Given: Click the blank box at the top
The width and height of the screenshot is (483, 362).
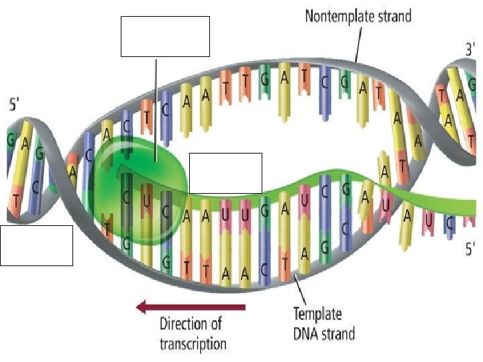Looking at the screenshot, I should pos(165,37).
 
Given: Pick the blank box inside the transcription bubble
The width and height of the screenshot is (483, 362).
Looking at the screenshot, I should pos(225,173).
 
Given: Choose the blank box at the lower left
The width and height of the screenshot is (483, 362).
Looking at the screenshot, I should pos(36,245).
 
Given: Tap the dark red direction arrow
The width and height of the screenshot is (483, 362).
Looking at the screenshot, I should pos(191,307).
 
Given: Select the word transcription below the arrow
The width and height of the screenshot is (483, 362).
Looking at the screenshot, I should pos(193,345).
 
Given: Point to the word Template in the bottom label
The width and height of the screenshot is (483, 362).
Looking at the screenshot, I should pos(317,314).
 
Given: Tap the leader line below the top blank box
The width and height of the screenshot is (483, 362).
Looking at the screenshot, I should pos(156,107).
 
